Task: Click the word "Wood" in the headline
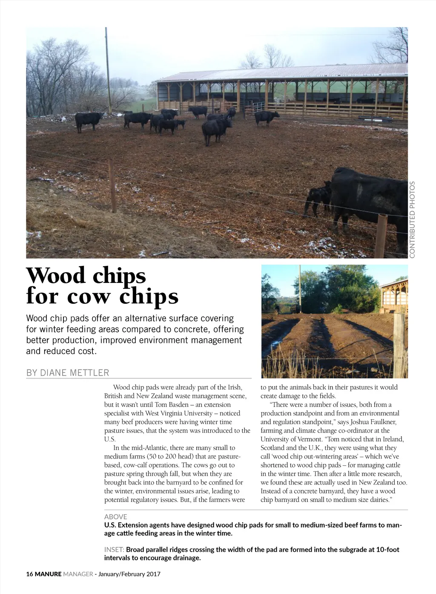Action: click(56, 276)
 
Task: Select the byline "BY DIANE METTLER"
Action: click(68, 373)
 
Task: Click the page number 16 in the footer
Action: click(29, 574)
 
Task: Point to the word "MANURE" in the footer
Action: click(48, 574)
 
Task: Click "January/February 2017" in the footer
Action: click(129, 574)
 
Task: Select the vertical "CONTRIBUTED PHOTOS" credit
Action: click(412, 219)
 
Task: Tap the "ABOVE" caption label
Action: click(115, 516)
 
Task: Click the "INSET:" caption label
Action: click(114, 550)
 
